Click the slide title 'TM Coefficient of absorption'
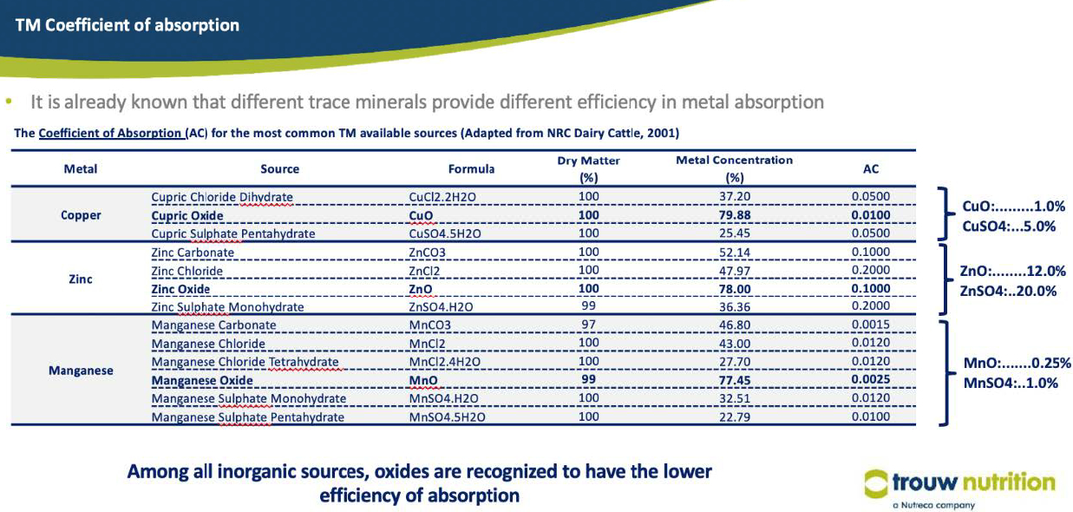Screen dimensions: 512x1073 pos(127,25)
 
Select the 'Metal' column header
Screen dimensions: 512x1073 pos(81,169)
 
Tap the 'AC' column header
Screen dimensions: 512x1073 pos(871,169)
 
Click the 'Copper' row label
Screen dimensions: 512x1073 pos(81,215)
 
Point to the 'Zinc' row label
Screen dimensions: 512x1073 pos(81,279)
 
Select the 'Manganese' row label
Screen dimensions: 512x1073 pos(81,371)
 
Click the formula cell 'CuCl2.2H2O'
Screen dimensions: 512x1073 pos(444,197)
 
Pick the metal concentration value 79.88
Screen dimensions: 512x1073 pos(736,215)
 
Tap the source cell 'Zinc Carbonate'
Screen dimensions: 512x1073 pos(193,253)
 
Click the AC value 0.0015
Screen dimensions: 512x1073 pos(871,325)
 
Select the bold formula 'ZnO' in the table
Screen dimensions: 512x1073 pos(421,289)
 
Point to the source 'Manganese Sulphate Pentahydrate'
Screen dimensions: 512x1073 pos(247,417)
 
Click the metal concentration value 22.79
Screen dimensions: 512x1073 pos(736,417)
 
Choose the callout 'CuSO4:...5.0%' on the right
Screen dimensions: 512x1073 pos(1008,226)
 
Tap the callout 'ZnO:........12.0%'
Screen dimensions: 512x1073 pos(1012,272)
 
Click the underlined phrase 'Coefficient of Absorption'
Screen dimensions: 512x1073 pos(110,134)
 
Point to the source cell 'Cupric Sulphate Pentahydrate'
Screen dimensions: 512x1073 pos(233,233)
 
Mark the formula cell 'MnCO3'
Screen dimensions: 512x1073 pos(429,325)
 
